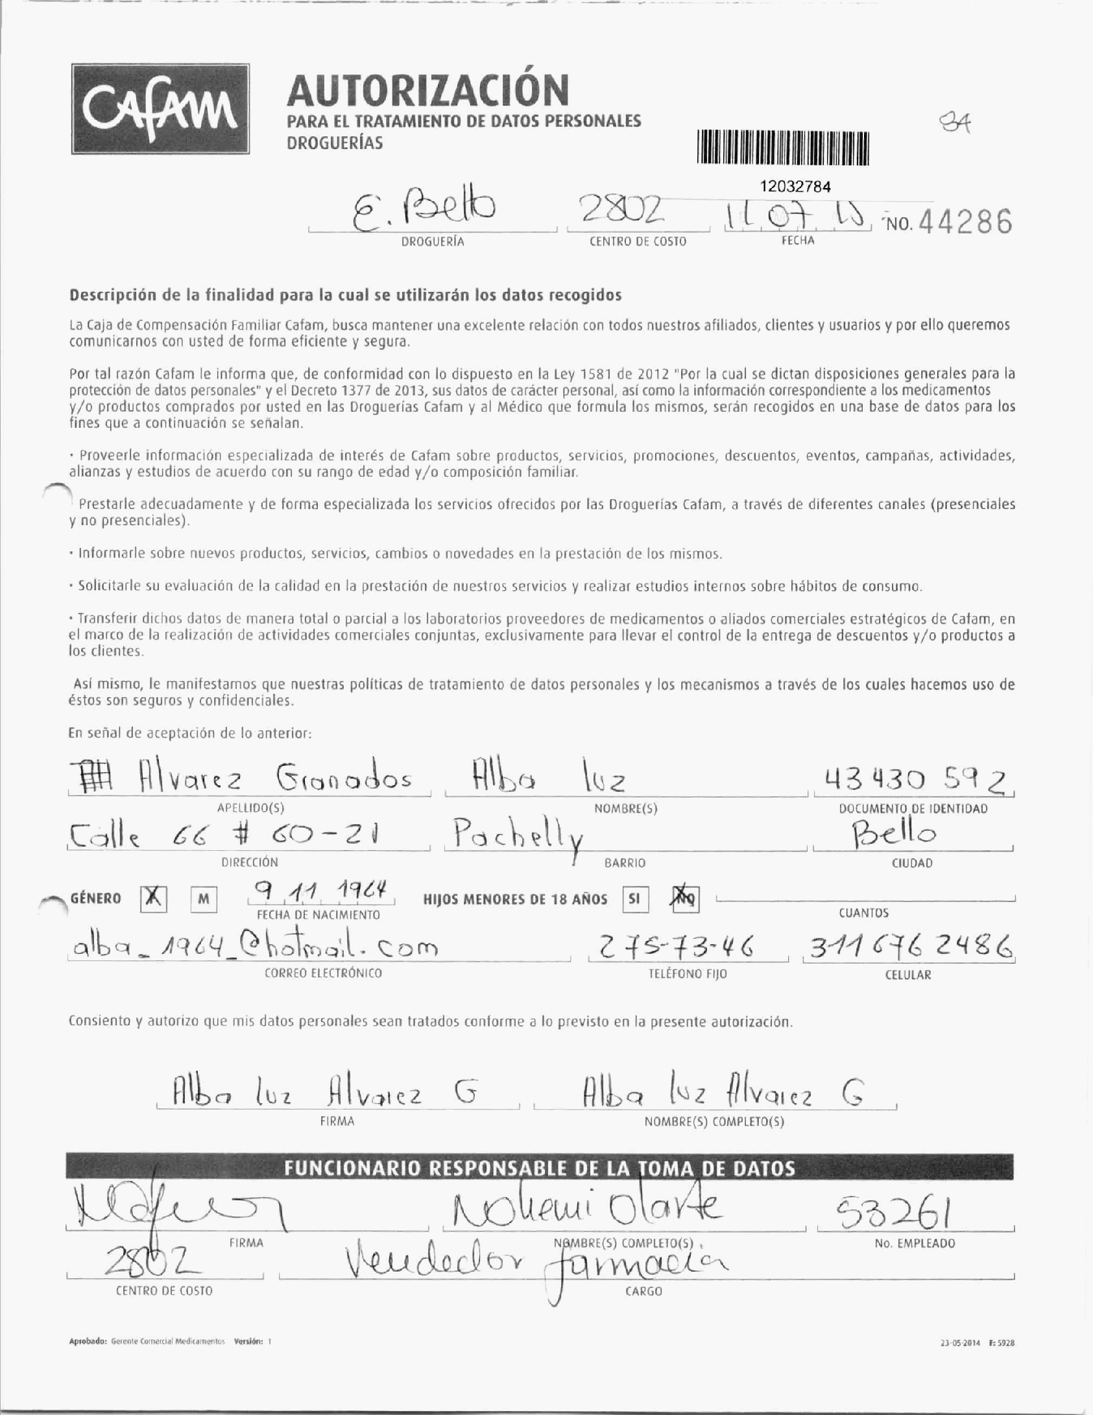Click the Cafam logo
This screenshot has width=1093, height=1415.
pos(160,109)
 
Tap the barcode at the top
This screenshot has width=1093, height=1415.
pos(783,149)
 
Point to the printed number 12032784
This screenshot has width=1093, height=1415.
pos(795,187)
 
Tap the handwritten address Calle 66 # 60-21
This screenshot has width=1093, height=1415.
pos(222,834)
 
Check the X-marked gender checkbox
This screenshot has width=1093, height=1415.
pos(153,899)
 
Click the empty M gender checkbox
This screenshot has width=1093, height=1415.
pos(203,900)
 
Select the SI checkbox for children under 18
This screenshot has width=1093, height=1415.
pos(635,900)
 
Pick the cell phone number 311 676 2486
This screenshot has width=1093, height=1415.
pos(908,949)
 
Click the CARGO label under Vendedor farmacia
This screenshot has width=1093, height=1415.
pos(643,1291)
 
